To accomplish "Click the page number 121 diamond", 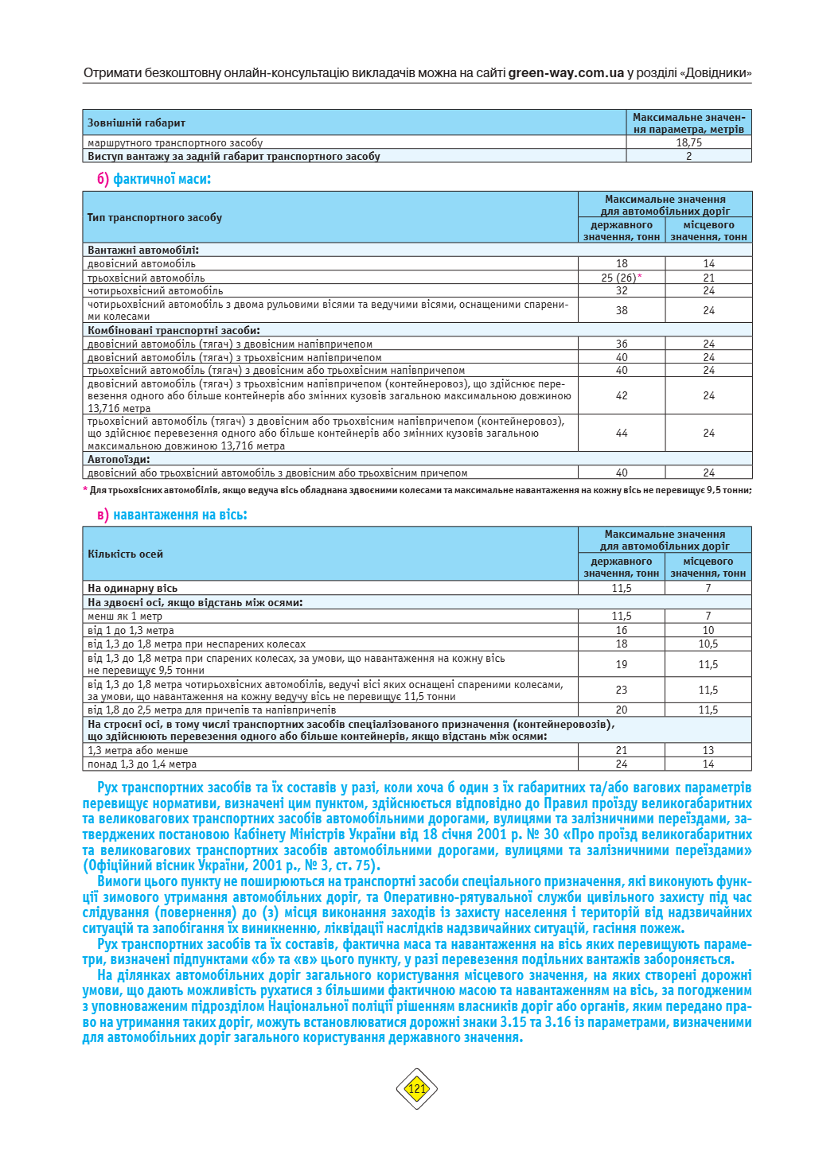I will coord(417,1088).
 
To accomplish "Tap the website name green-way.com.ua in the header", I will coord(566,73).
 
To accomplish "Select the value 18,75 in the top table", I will coord(688,143).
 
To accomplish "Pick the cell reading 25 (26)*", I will coord(622,278).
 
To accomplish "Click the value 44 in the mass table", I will coord(622,434).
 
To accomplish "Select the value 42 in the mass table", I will coord(622,395).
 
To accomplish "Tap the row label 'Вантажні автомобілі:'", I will coord(143,250).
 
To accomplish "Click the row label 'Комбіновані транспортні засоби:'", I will coord(174,330).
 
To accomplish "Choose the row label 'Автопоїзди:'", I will coord(119,459).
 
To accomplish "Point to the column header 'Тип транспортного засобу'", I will coord(154,217).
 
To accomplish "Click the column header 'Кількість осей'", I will coord(125,554).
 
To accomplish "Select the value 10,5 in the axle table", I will coord(708,644).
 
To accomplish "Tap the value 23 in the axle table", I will coord(622,690).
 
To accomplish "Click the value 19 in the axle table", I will coord(622,664).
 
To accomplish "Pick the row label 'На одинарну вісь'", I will coord(132,589).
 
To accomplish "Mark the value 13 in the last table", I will coord(708,750).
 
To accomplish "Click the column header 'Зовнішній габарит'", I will coord(136,123).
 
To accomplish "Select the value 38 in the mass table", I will coord(622,310).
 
